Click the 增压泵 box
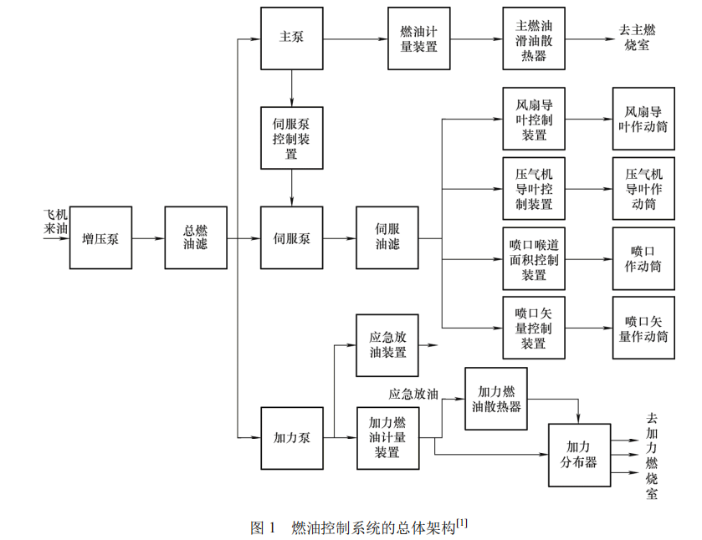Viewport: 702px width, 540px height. click(100, 238)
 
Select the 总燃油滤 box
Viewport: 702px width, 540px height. click(196, 238)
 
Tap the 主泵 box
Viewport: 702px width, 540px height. click(291, 38)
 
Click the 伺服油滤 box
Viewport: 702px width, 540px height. click(387, 238)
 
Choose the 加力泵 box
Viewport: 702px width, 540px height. click(291, 437)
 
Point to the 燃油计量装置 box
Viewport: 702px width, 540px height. click(419, 38)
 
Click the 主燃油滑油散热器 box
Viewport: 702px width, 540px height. click(534, 38)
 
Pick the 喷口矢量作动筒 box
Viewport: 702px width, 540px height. click(643, 328)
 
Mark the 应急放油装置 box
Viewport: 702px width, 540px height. click(387, 345)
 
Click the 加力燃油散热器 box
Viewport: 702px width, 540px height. click(496, 398)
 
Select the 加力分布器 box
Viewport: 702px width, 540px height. click(579, 454)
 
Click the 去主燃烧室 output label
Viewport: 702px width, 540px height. click(638, 38)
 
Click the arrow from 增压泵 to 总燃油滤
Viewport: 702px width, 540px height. click(148, 238)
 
